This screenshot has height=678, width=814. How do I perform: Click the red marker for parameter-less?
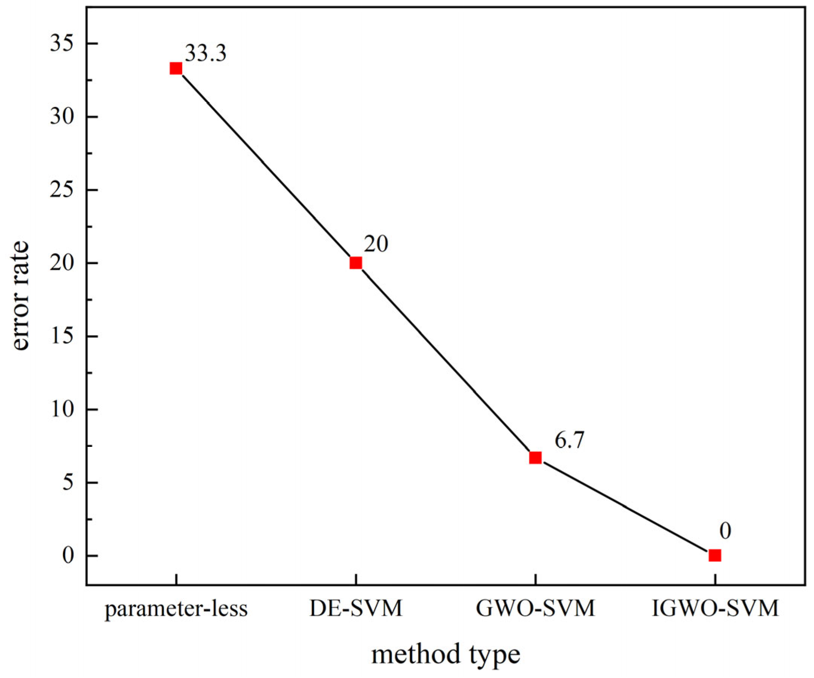[x=176, y=69]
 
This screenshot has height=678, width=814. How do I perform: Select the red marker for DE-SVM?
[x=356, y=263]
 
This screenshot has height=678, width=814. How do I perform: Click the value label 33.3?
[x=205, y=54]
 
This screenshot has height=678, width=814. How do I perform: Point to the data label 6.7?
[x=569, y=441]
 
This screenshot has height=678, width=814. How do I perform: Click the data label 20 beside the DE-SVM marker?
[x=376, y=245]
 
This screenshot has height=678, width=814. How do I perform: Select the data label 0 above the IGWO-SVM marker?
[x=725, y=531]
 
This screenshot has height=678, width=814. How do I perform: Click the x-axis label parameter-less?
[x=176, y=609]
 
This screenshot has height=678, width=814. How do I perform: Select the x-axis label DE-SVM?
[x=356, y=608]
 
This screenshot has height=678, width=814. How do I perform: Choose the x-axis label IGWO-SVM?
[x=715, y=608]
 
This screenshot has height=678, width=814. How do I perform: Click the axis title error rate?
[x=19, y=295]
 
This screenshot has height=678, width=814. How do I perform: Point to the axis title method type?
[x=446, y=655]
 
